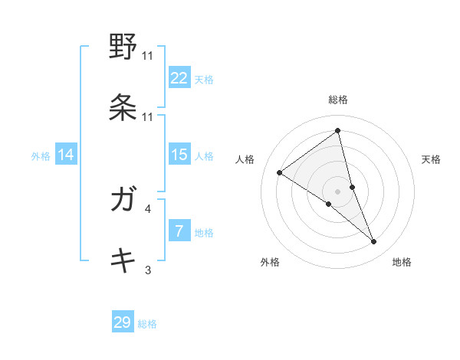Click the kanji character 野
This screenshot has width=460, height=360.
(x=123, y=47)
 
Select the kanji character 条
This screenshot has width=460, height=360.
(x=123, y=107)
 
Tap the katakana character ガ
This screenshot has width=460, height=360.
(x=123, y=201)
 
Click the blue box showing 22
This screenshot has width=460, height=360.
(x=179, y=77)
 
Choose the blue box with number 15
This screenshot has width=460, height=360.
(x=179, y=155)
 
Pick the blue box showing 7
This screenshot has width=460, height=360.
(x=179, y=231)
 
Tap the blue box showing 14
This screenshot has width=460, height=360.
(x=66, y=155)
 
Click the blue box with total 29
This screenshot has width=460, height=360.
(x=123, y=322)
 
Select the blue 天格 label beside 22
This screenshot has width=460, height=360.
(x=204, y=79)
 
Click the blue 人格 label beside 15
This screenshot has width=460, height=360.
(x=204, y=155)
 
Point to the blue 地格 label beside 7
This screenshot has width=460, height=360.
(x=204, y=232)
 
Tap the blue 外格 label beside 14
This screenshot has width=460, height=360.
(x=41, y=156)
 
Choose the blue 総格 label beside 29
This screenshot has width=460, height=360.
(x=148, y=324)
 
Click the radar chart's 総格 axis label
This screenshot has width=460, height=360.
(x=338, y=100)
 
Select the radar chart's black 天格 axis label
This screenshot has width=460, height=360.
(x=432, y=159)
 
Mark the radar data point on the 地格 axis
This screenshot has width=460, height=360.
(x=374, y=242)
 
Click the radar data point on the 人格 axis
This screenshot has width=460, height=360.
(x=280, y=173)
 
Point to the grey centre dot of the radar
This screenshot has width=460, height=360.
(x=338, y=191)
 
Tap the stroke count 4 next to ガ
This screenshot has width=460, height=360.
(x=147, y=208)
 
